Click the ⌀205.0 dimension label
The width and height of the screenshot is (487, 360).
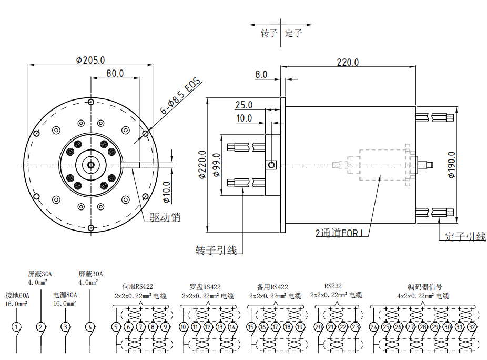(90, 60)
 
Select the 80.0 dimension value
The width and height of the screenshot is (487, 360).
(115, 73)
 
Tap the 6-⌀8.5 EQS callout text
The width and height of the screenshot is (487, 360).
(181, 96)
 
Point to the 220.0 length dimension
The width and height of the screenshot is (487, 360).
(348, 62)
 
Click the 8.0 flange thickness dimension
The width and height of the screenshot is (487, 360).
(261, 75)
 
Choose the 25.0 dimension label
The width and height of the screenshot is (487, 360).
(244, 105)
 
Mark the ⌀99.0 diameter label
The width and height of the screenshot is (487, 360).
(217, 165)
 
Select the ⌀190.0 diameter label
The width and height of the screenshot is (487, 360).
(451, 165)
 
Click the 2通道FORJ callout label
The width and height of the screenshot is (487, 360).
(339, 233)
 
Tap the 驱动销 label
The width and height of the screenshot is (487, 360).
(165, 217)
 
